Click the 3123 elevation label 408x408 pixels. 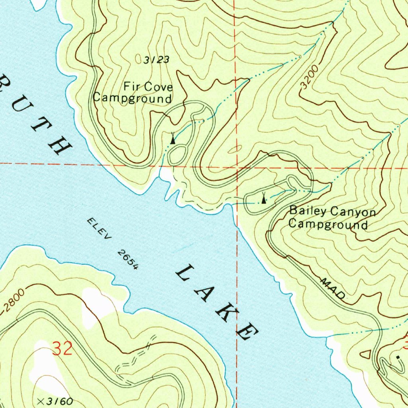[x=157, y=60]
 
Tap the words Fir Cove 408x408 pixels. [x=148, y=86]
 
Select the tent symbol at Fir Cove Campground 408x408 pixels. [x=172, y=139]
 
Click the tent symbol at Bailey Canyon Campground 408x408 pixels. [x=263, y=197]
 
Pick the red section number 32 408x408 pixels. [x=63, y=349]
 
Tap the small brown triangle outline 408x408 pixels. [x=367, y=353]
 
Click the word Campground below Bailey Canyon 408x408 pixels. [x=328, y=224]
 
